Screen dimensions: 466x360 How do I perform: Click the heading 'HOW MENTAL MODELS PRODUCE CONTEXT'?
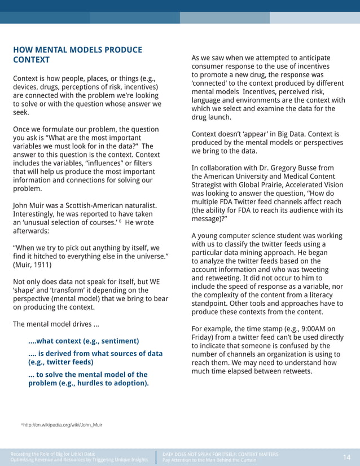[77, 55]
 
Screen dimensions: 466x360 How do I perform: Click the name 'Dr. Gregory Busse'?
[287, 168]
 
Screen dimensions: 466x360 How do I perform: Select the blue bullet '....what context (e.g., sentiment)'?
[84, 341]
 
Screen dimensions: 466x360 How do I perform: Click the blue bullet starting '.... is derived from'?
[95, 354]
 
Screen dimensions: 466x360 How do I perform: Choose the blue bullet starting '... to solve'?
[88, 375]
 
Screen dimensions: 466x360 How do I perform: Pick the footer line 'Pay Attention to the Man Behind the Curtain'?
[209, 460]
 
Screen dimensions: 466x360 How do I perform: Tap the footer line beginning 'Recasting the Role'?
[53, 454]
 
